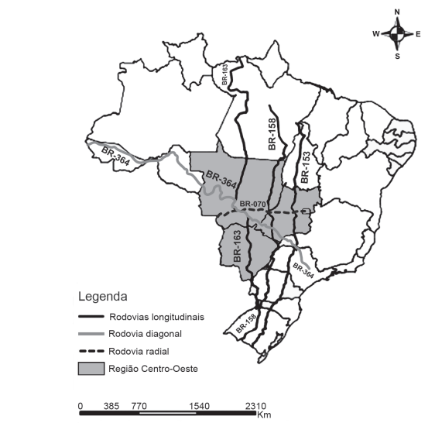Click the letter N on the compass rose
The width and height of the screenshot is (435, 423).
(397, 12)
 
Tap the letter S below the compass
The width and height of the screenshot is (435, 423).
(397, 56)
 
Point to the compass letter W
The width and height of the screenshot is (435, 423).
(376, 34)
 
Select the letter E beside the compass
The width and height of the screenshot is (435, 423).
(418, 34)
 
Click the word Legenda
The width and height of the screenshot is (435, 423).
(102, 297)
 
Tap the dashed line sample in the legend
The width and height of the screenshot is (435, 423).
(92, 352)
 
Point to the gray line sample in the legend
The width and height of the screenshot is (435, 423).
(92, 335)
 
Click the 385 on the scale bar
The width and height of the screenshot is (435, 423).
(111, 405)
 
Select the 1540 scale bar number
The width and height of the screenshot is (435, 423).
(199, 405)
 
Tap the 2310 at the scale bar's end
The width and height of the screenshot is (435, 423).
(256, 405)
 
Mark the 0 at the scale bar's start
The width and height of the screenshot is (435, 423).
(80, 405)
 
